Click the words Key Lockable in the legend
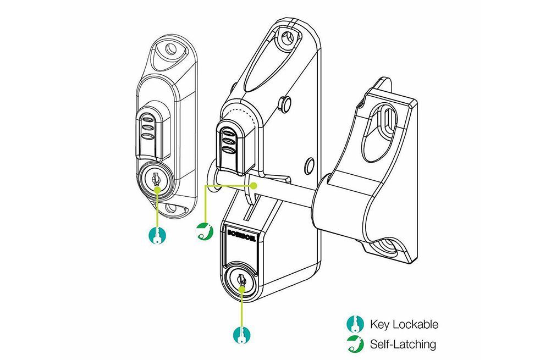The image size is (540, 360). pyautogui.click(x=404, y=324)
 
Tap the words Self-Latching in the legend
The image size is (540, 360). pyautogui.click(x=403, y=345)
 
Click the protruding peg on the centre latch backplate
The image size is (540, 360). pyautogui.click(x=285, y=102)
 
